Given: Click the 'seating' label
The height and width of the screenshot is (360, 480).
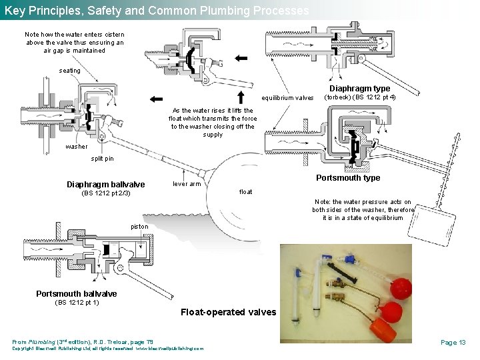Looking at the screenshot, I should [x=69, y=70].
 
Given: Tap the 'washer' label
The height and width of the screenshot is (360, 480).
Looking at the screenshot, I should [x=76, y=147].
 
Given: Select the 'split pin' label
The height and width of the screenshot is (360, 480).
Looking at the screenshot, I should [x=102, y=159].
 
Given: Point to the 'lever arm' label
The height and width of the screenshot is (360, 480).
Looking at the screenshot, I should [x=187, y=184].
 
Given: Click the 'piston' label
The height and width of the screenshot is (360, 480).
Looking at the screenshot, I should [x=140, y=227].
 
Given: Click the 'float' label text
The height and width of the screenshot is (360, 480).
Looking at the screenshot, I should [x=245, y=192].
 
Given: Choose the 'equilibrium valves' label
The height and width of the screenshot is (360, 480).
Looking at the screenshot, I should [x=287, y=97].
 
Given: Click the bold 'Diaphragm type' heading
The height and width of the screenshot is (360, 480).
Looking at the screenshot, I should [x=360, y=88].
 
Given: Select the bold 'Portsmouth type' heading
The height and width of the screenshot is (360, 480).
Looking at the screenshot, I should [x=348, y=177].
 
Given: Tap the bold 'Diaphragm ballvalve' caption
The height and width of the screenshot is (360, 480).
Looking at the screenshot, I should [x=105, y=185].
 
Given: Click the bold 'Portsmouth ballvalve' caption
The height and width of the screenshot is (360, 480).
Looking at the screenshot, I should [x=76, y=294].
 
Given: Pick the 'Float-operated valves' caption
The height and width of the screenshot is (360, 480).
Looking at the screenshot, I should [x=228, y=312].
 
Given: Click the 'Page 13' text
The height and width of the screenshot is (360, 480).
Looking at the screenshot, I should [x=453, y=342].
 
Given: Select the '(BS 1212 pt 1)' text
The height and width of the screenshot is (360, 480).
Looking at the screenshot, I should [x=76, y=303].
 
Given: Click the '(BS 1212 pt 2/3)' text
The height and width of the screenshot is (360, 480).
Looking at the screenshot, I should [x=105, y=194].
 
